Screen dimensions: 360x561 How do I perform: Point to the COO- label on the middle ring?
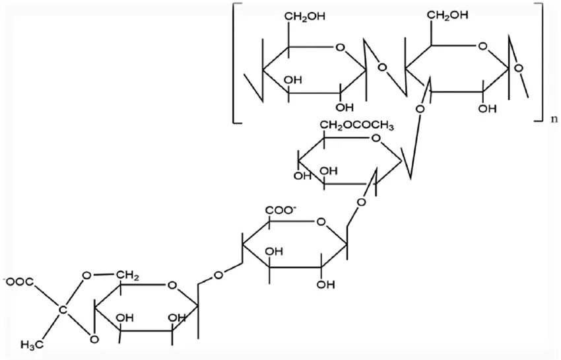(281, 211)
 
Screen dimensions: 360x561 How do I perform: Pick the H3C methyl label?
(31, 343)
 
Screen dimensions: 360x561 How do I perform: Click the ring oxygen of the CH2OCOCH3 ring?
(376, 139)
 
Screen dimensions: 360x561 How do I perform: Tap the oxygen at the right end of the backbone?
(521, 66)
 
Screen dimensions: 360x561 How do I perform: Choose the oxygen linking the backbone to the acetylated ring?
(418, 106)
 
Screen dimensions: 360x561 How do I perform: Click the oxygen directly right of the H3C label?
(94, 340)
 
